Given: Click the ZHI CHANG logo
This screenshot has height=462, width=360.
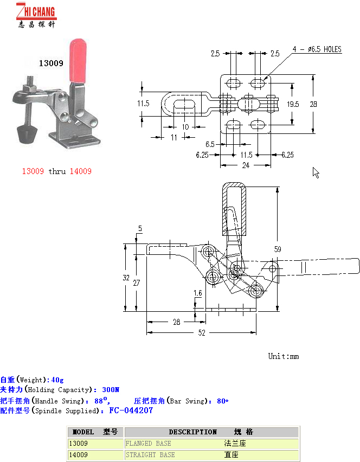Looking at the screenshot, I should click(x=36, y=15).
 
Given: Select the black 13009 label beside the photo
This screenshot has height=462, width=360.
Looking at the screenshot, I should click(x=51, y=63).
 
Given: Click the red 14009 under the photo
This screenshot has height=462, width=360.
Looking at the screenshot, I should click(x=80, y=171).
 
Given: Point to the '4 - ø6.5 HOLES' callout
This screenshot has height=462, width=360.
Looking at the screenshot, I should click(x=317, y=49).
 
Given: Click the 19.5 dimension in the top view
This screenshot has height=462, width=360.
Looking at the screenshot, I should click(x=293, y=104).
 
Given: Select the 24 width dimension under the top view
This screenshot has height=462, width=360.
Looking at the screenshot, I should click(x=245, y=165).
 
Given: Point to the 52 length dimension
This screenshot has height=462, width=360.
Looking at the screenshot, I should click(x=202, y=333).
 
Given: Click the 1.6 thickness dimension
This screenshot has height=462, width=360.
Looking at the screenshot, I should click(x=198, y=293).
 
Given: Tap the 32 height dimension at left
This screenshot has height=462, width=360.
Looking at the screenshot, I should click(x=126, y=278).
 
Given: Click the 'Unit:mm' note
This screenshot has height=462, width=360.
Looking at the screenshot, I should click(x=284, y=356).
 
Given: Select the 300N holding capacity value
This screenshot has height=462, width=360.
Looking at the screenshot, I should click(x=111, y=390).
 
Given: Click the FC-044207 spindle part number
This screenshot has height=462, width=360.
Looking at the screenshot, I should click(x=131, y=410).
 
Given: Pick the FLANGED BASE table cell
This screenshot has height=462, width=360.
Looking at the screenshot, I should click(x=149, y=444).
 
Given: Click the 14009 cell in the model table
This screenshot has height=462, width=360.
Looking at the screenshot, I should click(x=78, y=455).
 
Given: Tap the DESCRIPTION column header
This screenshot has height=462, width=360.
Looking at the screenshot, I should click(x=192, y=432).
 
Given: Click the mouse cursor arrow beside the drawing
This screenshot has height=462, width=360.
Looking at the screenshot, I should click(x=316, y=172).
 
